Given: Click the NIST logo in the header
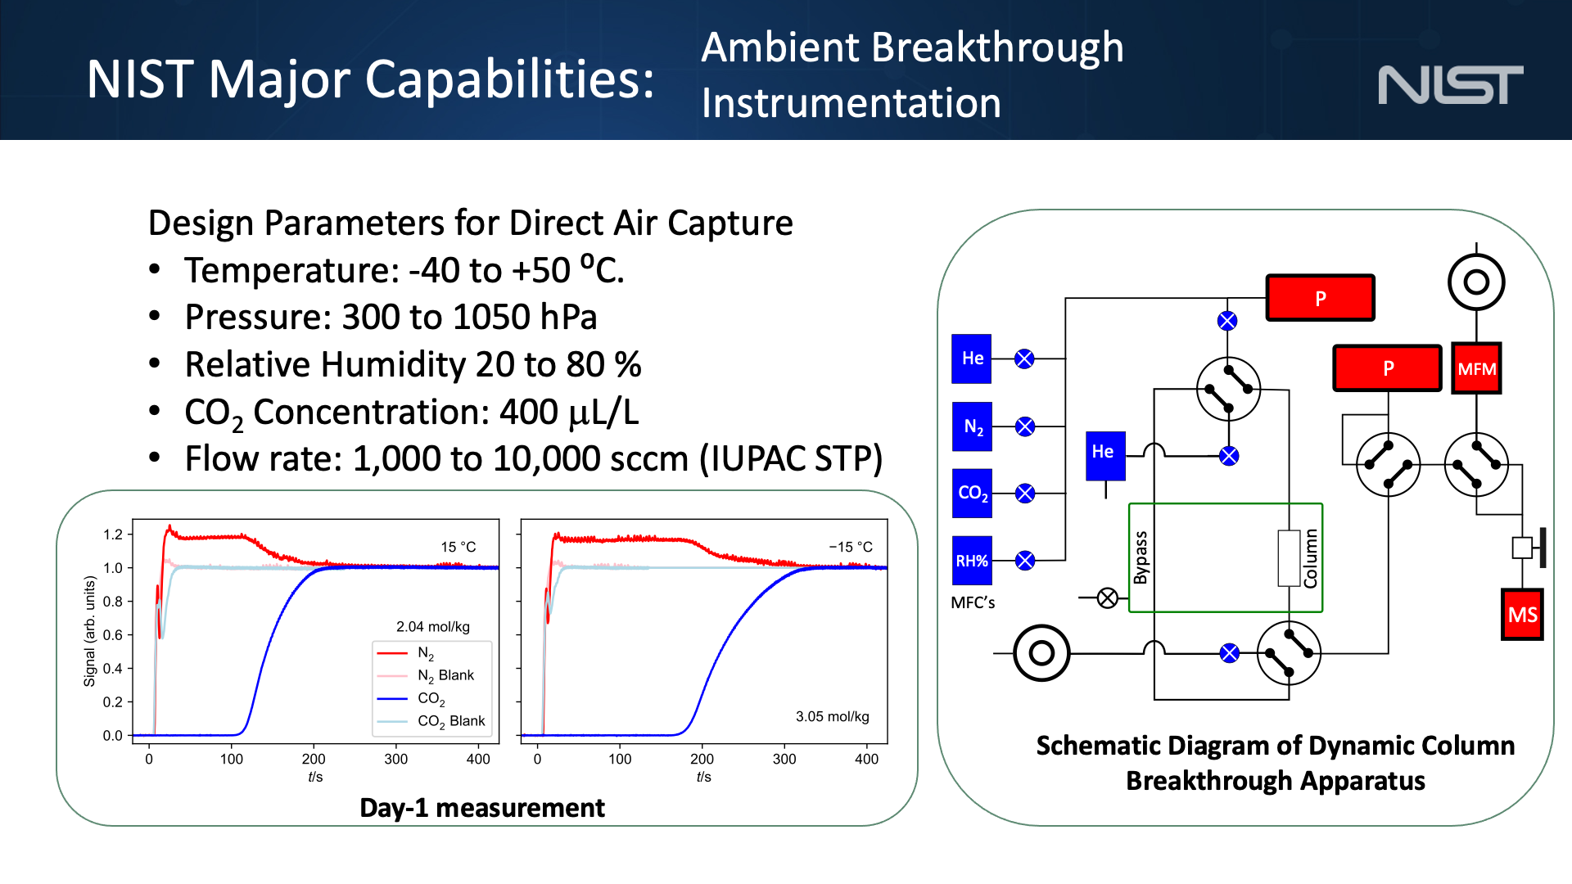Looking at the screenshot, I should coord(1450,85).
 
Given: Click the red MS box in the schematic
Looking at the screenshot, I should coord(1522,615).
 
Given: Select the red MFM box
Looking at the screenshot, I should coord(1476,369).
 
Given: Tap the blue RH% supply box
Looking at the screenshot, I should coord(972,561).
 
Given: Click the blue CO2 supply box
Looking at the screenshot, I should coord(972,493).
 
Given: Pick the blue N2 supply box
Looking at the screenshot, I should coord(972,426).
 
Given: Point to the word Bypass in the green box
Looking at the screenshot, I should coord(1141,557).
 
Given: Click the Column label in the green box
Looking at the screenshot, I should coord(1311,558).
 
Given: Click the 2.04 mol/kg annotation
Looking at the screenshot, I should coord(432,627).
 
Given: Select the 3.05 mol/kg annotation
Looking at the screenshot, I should coord(832,717).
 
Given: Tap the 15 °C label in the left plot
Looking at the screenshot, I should coord(458,547).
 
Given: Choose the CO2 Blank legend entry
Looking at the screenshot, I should coord(450,721).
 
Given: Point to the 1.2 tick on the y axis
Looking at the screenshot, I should coord(112,534).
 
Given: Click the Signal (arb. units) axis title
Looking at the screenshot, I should coord(90,631).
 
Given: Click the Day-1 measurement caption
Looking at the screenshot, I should coord(481,808).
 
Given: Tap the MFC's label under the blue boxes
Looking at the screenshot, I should coord(973,602).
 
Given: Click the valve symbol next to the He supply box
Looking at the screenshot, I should coord(1024,359).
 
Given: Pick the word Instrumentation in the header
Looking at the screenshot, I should coord(851,104).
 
